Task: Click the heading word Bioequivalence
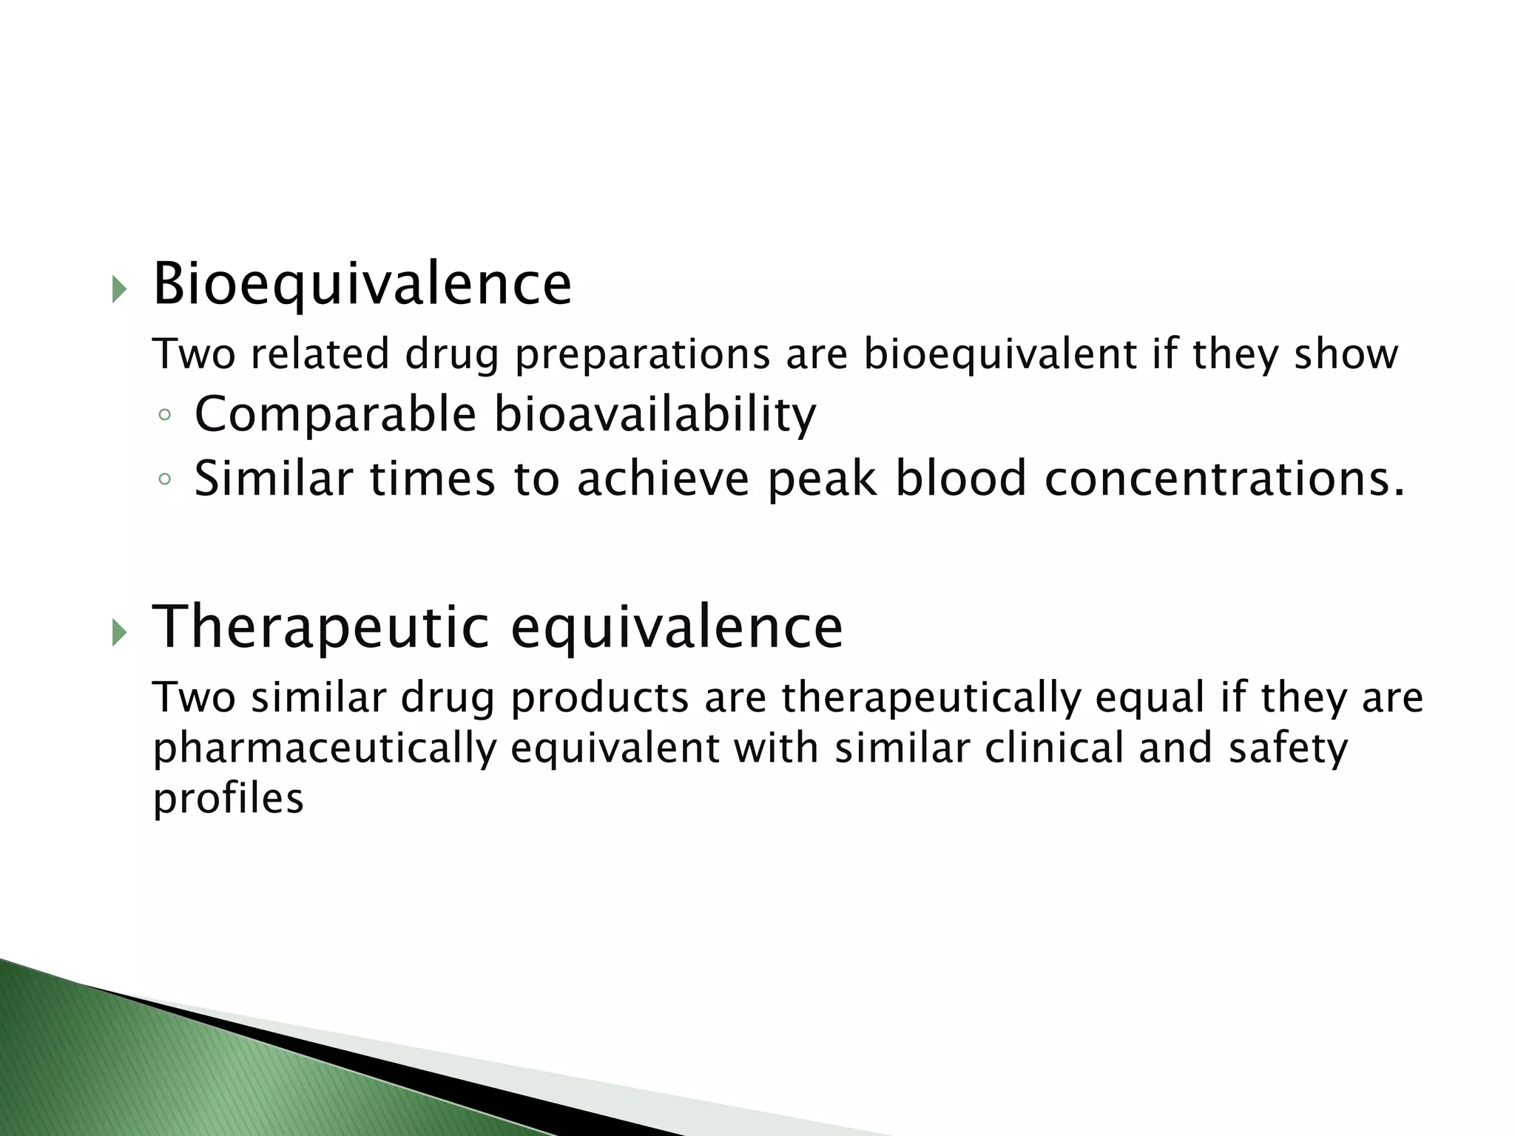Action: click(362, 285)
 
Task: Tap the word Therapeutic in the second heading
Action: click(320, 628)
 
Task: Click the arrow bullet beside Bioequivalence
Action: click(118, 289)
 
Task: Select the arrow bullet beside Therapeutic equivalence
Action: click(118, 632)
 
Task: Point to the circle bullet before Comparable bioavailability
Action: click(164, 416)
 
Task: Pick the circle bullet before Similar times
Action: click(164, 480)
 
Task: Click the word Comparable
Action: click(335, 414)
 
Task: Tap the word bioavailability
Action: click(655, 414)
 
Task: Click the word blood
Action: click(961, 479)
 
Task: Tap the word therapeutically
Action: click(931, 698)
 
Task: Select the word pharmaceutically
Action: click(324, 748)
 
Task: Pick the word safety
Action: click(1288, 748)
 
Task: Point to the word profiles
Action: click(228, 799)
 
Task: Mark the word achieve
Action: click(663, 479)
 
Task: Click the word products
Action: click(600, 698)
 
